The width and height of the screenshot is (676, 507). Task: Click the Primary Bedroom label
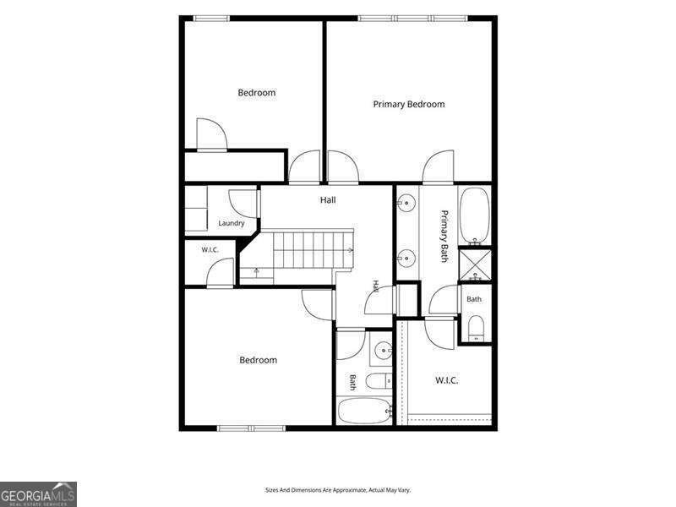(x=409, y=104)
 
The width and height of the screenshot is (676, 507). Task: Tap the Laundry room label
(x=231, y=223)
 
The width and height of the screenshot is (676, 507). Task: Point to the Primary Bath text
(x=444, y=237)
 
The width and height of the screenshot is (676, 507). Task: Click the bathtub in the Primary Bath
(x=475, y=215)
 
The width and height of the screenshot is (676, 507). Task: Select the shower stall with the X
(x=475, y=264)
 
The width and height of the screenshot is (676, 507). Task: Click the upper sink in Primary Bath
(x=406, y=202)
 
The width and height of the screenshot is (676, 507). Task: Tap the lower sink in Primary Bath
(x=406, y=259)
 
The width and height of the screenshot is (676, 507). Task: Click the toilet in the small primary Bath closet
(x=476, y=328)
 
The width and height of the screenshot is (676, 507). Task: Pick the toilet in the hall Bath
(x=379, y=381)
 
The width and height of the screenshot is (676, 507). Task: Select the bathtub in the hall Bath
(x=365, y=411)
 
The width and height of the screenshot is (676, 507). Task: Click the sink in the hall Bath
(x=383, y=351)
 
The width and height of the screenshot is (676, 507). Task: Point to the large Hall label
(x=328, y=200)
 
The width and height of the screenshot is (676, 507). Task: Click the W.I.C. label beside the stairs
(x=210, y=250)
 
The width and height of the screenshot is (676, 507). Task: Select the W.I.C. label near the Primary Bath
(x=447, y=380)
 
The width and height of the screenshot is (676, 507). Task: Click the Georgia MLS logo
(x=38, y=494)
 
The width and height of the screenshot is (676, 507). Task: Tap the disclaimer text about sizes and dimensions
(x=337, y=490)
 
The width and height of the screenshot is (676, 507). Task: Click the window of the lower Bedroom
(x=251, y=428)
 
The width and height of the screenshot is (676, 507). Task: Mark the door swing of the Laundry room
(x=242, y=204)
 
